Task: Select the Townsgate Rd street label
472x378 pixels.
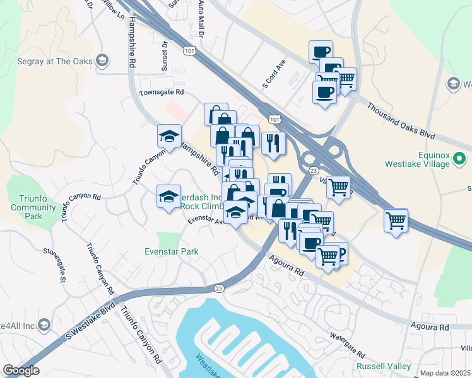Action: tap(162, 92)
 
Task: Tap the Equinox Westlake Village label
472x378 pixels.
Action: tap(418, 159)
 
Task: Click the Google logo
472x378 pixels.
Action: tap(21, 370)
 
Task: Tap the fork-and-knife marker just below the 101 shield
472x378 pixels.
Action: tap(273, 143)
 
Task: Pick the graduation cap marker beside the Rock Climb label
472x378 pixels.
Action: tap(168, 198)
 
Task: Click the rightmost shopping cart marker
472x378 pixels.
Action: tap(396, 220)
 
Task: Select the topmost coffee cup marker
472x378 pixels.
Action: tap(321, 52)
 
